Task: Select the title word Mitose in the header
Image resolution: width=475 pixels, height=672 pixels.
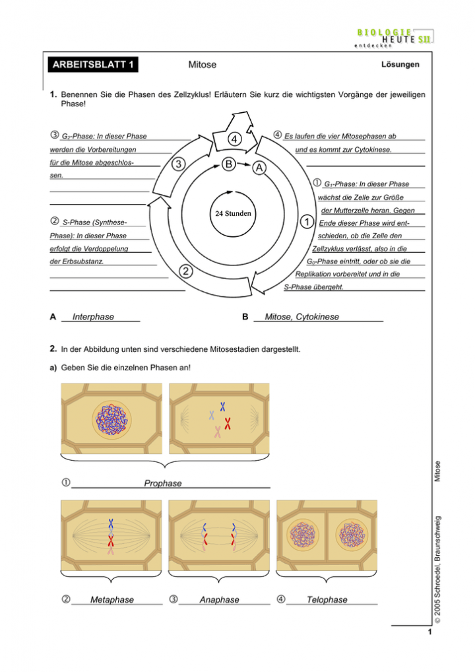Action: tap(202, 65)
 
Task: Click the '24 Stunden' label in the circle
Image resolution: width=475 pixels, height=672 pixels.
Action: tap(232, 214)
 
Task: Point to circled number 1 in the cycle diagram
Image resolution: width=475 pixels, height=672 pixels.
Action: tap(306, 221)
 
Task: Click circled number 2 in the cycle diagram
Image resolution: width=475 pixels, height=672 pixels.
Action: tap(187, 271)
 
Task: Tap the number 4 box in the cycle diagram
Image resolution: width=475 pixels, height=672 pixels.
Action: tap(234, 139)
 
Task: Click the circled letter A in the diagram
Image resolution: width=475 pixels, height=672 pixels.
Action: tap(259, 168)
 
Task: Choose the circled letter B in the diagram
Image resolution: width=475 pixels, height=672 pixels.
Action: tap(228, 162)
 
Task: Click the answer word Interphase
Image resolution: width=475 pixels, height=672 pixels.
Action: tap(93, 317)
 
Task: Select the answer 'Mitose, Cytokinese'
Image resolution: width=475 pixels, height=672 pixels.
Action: tap(301, 317)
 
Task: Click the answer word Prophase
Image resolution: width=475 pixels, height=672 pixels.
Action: tap(162, 483)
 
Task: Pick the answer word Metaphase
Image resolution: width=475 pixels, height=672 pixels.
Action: tap(111, 599)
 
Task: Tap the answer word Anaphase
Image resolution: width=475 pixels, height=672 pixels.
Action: tap(219, 599)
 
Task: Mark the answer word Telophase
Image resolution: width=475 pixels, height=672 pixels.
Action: tap(327, 599)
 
